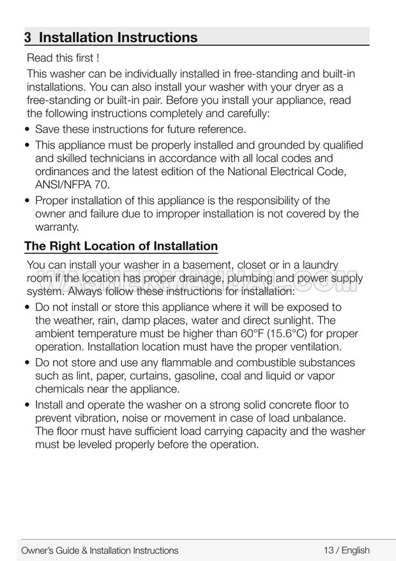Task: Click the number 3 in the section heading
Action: click(28, 37)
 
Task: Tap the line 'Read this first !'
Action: click(63, 60)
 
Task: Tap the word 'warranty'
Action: click(56, 227)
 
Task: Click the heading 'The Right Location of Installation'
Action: click(121, 246)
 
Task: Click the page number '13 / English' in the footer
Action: click(346, 550)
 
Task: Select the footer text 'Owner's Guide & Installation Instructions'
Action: click(100, 550)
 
